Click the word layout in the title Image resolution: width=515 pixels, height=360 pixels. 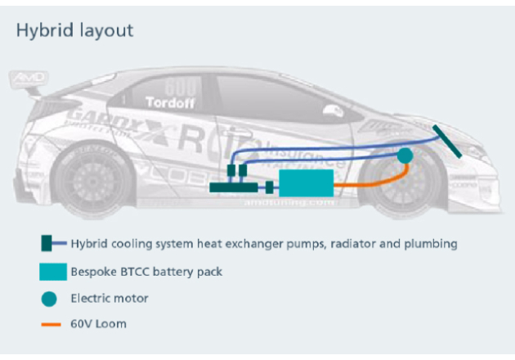(x=103, y=31)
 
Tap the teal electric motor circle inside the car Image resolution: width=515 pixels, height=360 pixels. (x=404, y=154)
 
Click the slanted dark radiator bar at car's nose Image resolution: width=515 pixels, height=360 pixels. (x=446, y=139)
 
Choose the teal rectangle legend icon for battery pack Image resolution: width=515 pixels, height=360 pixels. (x=51, y=271)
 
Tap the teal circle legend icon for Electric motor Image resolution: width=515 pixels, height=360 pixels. (x=50, y=299)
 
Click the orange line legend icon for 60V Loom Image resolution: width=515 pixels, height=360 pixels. (x=50, y=324)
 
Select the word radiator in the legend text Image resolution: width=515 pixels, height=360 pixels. (x=337, y=244)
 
